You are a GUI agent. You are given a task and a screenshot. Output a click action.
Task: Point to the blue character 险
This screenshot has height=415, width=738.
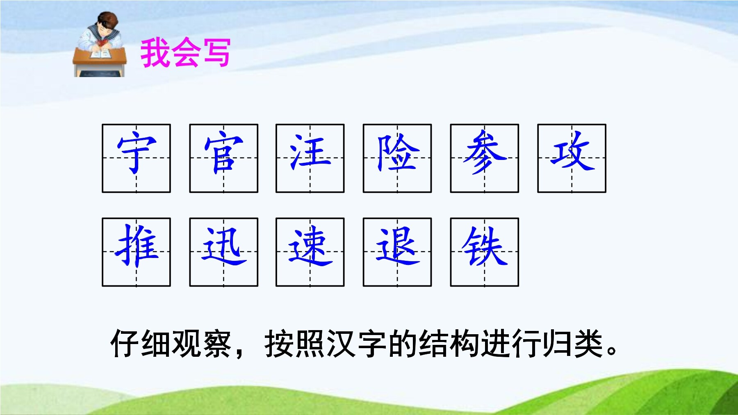click(x=397, y=153)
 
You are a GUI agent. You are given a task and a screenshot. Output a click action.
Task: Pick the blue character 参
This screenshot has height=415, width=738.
click(x=485, y=152)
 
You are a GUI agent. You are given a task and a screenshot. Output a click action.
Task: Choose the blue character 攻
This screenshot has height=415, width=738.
click(x=572, y=151)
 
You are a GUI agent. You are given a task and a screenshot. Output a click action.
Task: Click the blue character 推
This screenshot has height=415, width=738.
click(x=137, y=246)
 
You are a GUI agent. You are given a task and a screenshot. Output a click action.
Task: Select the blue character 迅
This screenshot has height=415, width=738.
click(x=224, y=246)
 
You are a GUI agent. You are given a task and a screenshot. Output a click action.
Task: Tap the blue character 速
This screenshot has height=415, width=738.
click(x=310, y=246)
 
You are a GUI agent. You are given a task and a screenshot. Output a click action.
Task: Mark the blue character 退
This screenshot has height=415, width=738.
click(x=397, y=246)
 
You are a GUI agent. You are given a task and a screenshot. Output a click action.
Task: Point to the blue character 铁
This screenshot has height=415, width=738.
click(x=485, y=246)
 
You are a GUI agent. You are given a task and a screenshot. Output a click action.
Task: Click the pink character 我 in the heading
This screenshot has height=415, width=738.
click(x=155, y=52)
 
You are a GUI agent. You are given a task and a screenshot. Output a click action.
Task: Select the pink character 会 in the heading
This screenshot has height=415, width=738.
click(x=186, y=52)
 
